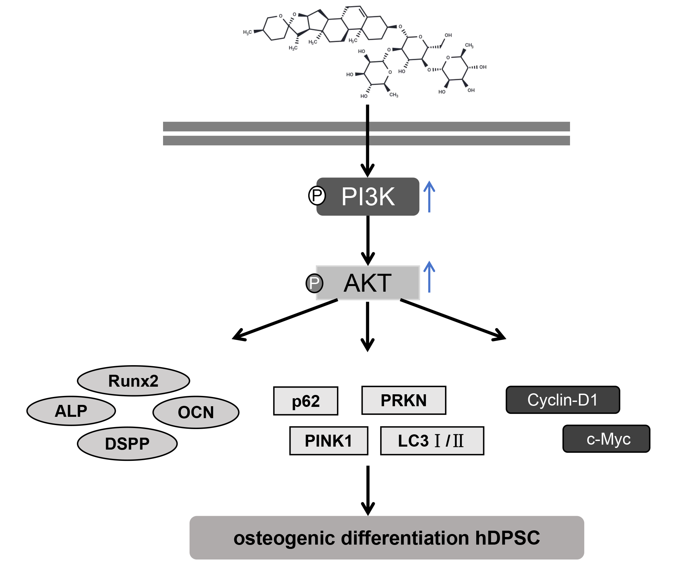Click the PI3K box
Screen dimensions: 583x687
[368, 197]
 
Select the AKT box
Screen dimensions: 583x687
[368, 283]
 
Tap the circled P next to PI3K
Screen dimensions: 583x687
[317, 196]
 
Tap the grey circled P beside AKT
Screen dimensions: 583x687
[314, 283]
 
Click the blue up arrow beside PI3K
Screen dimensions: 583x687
[429, 197]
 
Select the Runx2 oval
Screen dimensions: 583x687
[133, 381]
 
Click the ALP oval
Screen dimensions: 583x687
[71, 411]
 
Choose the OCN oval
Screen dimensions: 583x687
[196, 412]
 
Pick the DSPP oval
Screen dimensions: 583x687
[127, 444]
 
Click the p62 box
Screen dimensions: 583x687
[306, 401]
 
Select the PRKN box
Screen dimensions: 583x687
[404, 400]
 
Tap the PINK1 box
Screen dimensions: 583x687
[328, 441]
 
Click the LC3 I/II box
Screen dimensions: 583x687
[432, 441]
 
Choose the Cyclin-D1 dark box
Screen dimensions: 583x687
[562, 400]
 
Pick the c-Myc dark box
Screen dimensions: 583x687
[606, 439]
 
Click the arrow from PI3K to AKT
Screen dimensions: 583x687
[368, 240]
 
